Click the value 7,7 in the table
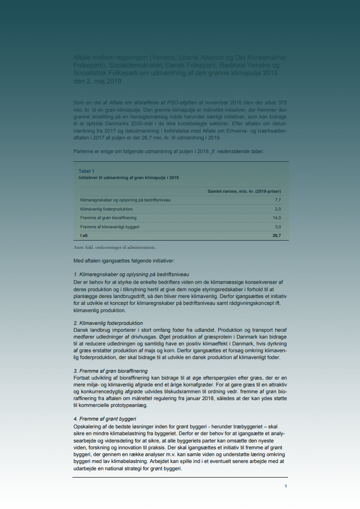point(278,200)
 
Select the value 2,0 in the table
point(278,209)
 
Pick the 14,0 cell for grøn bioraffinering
point(277,218)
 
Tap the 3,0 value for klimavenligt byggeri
point(278,226)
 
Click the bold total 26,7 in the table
point(277,236)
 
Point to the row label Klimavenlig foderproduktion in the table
point(106,209)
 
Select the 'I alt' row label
point(84,236)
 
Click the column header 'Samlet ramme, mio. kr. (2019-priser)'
point(244,191)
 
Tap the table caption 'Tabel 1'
point(87,171)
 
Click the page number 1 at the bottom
point(286,486)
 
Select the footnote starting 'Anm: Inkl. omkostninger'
point(114,247)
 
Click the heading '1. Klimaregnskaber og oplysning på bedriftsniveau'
point(131,274)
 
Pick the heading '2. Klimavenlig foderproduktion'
point(108,323)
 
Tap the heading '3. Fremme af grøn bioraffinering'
point(111,371)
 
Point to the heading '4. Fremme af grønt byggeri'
point(105,419)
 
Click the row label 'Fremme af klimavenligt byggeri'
point(110,226)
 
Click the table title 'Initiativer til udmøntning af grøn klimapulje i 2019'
point(129,177)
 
